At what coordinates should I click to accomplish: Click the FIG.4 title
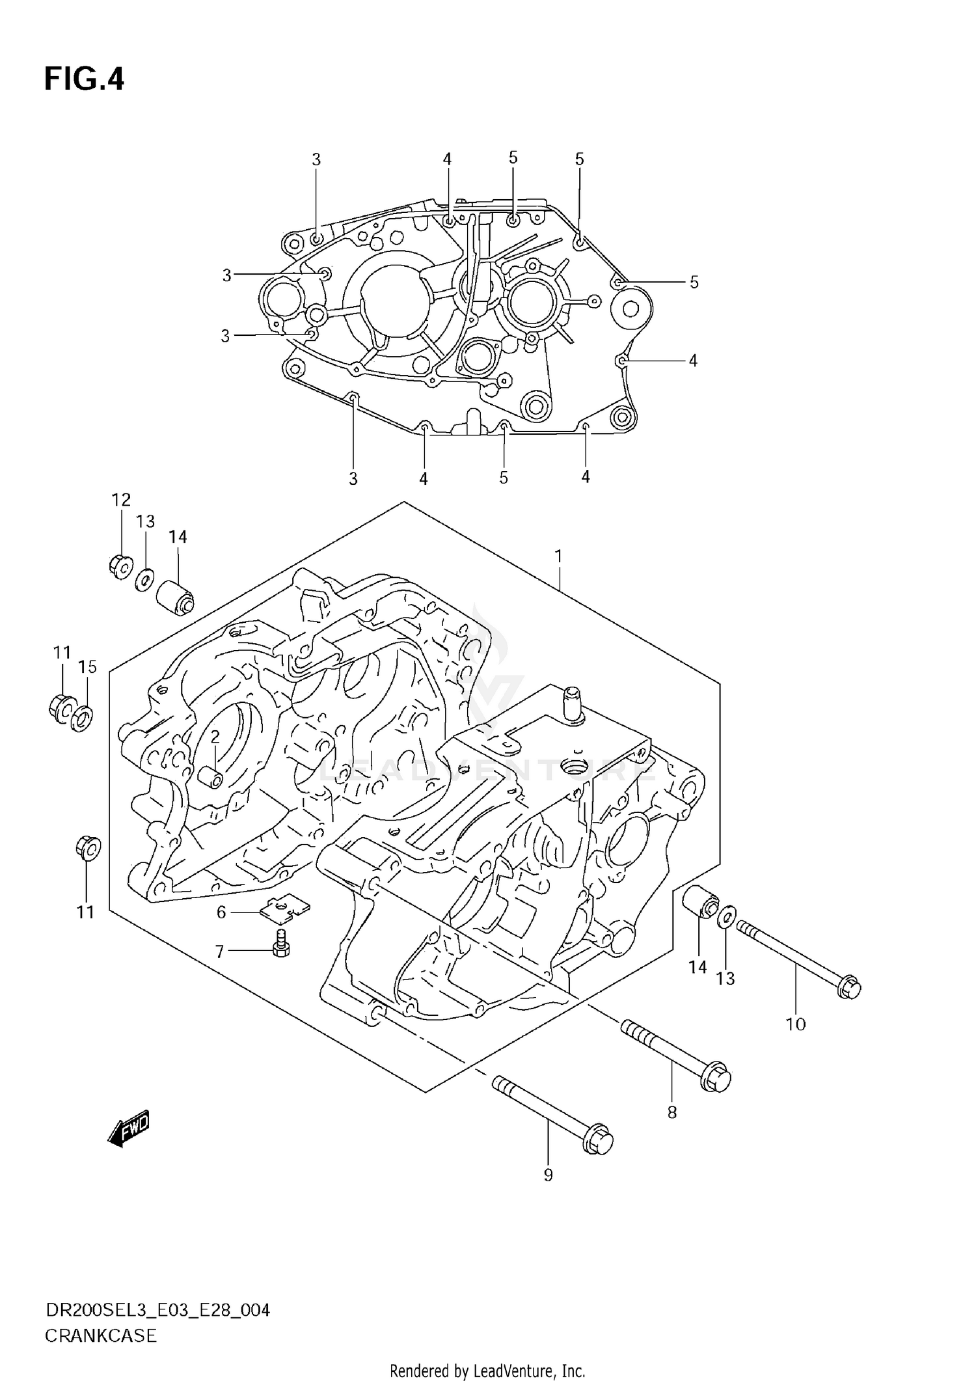pos(83,80)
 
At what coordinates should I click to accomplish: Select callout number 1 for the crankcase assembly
pos(558,556)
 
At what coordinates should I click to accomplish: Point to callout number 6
pos(221,912)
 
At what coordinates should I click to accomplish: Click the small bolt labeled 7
pos(281,944)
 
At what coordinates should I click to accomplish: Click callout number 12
pos(121,500)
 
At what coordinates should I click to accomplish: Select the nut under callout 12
pos(120,564)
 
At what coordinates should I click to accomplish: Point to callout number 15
pos(87,666)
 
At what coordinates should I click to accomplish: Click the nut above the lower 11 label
pos(87,848)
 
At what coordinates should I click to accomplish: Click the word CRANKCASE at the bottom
pos(101,1336)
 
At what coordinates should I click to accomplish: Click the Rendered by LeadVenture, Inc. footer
pos(487,1371)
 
